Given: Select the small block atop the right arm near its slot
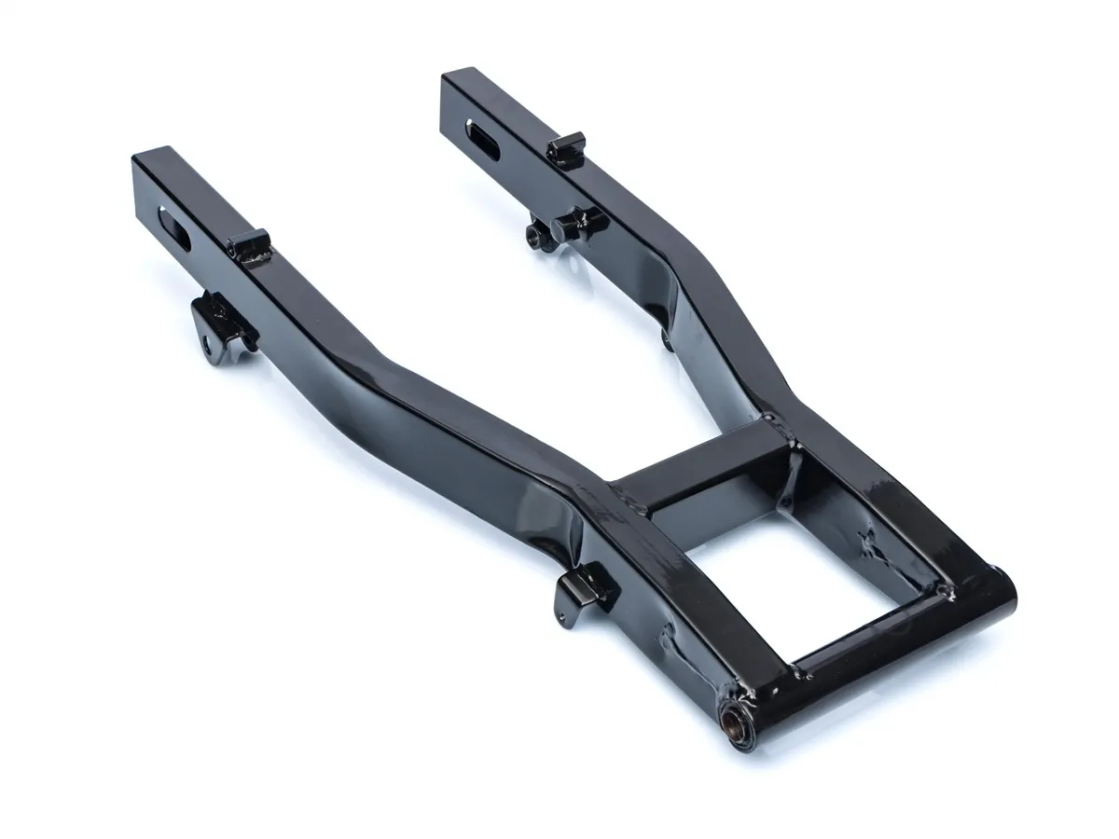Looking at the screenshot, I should pyautogui.click(x=566, y=147).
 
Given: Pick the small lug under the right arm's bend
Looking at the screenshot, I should pyautogui.click(x=665, y=339).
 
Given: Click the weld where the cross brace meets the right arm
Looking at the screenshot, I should pyautogui.click(x=793, y=457).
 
